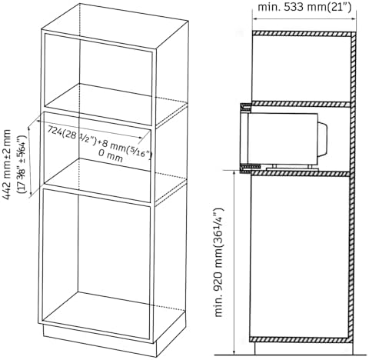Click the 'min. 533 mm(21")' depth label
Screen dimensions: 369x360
[x=304, y=7]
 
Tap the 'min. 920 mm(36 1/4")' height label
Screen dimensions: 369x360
[x=219, y=262]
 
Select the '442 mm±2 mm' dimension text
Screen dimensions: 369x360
[x=7, y=165]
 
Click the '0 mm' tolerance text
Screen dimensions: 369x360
[x=111, y=156]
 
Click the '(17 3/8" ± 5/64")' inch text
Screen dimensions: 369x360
[x=22, y=165]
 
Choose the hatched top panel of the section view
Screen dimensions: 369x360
[x=302, y=34]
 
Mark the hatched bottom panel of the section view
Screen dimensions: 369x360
[x=300, y=340]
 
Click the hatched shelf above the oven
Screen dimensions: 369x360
[x=301, y=104]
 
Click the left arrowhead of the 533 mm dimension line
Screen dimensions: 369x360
[x=255, y=18]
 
